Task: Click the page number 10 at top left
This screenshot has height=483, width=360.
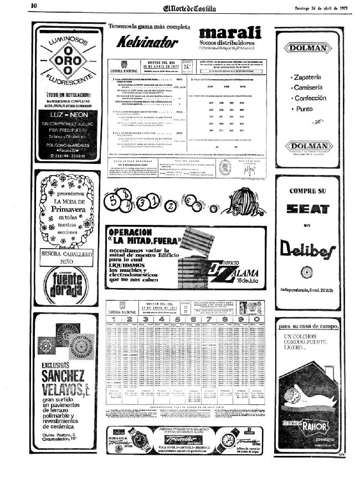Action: click(x=33, y=6)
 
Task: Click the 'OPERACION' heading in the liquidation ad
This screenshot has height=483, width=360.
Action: click(x=132, y=232)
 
